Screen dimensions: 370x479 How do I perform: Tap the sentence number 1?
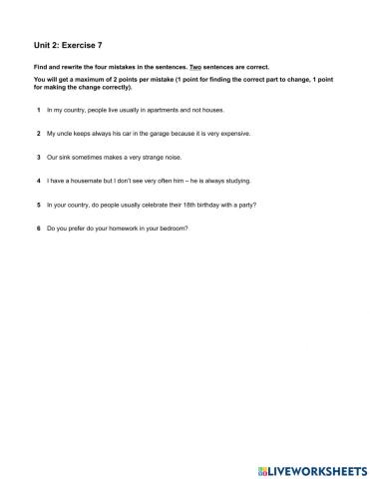click(x=38, y=109)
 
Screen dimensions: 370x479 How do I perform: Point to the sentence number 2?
click(x=38, y=133)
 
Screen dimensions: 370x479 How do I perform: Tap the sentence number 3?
click(x=38, y=157)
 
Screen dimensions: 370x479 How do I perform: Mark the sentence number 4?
click(x=38, y=181)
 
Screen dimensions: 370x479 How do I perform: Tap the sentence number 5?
click(x=38, y=205)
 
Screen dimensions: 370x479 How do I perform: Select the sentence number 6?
click(x=38, y=229)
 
